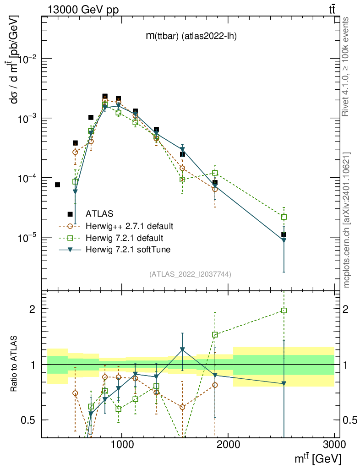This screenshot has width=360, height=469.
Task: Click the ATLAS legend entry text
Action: coord(99,213)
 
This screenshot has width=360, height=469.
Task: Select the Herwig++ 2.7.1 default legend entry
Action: coord(129,226)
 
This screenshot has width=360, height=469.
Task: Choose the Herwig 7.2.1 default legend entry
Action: coord(124,238)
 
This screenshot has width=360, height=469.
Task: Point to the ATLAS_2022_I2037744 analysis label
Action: coord(190,274)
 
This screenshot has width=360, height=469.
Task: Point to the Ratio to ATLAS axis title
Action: coord(15,364)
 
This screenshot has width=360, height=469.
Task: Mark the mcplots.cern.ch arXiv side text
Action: coord(347,220)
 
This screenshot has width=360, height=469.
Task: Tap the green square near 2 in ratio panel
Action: coord(284,311)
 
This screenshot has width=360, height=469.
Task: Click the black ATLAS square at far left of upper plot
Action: coord(57,185)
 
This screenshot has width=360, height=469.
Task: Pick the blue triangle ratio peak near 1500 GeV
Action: coord(182,349)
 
